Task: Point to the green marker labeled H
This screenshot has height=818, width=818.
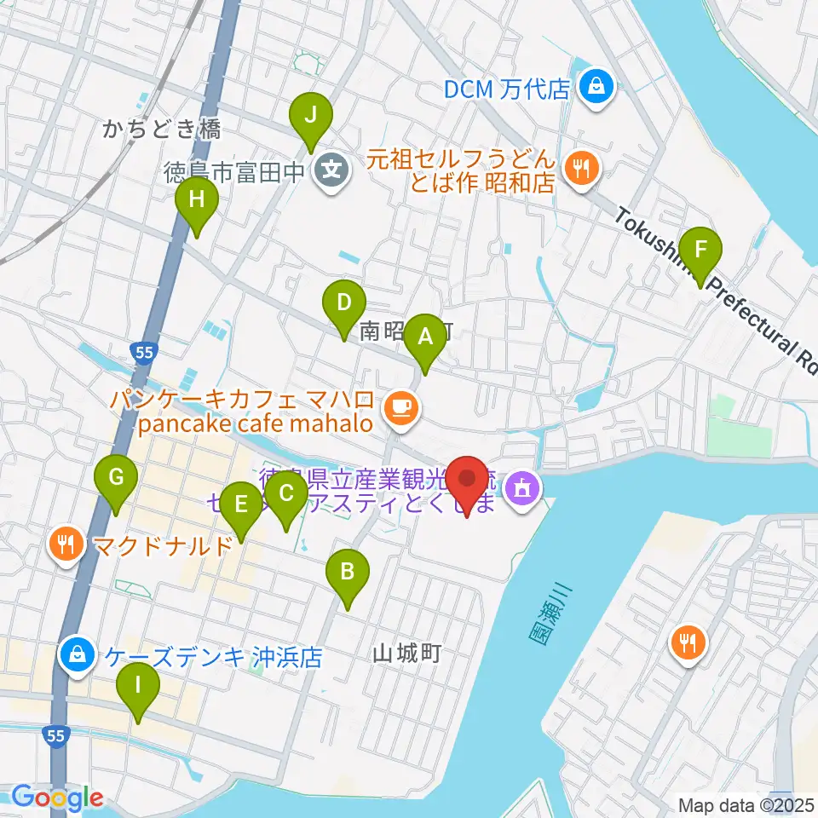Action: pos(197,201)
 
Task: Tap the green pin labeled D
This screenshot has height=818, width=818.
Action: pos(343,302)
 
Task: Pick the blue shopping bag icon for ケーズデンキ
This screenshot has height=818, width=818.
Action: pos(77,654)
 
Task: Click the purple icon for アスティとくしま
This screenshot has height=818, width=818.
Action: pos(520,488)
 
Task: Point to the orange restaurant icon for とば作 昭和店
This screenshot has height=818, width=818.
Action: pos(581,167)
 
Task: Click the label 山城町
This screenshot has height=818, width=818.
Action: pos(406,654)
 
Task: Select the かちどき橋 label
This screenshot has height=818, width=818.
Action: pos(162,130)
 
